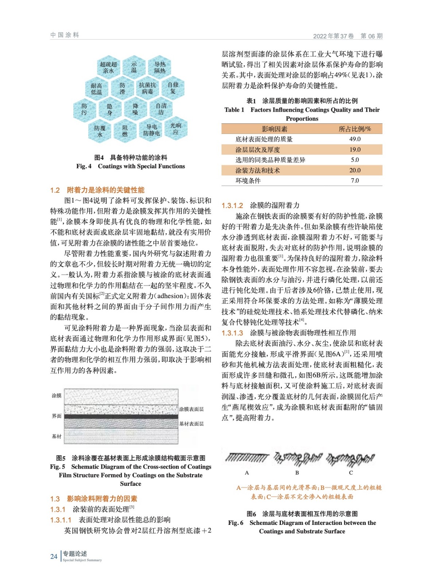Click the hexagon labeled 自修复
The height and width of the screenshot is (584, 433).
coord(173,88)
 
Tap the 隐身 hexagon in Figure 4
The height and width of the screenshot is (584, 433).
coord(109,109)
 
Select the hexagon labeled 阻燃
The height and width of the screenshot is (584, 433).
coord(125,131)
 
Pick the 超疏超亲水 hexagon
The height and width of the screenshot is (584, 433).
coord(108,68)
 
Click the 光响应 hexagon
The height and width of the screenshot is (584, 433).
coord(176,128)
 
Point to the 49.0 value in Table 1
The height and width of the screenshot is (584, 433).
coord(355,139)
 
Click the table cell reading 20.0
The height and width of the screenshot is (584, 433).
coord(355,170)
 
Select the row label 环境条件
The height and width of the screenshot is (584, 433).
coord(248,181)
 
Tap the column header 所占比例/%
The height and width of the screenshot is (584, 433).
coord(355,129)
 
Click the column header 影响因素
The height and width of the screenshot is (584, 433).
coord(274,129)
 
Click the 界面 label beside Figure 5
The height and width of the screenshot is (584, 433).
coord(57,416)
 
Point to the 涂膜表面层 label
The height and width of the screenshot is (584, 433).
coord(191,409)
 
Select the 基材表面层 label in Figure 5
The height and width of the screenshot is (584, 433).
coord(191,424)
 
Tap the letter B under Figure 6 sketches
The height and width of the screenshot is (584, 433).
coord(297,473)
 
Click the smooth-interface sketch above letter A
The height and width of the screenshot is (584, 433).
coord(247,457)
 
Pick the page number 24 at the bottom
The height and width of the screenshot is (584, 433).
coord(54,556)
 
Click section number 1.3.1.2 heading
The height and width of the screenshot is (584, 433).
coord(232,205)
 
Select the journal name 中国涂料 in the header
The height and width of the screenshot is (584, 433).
coord(65,35)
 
